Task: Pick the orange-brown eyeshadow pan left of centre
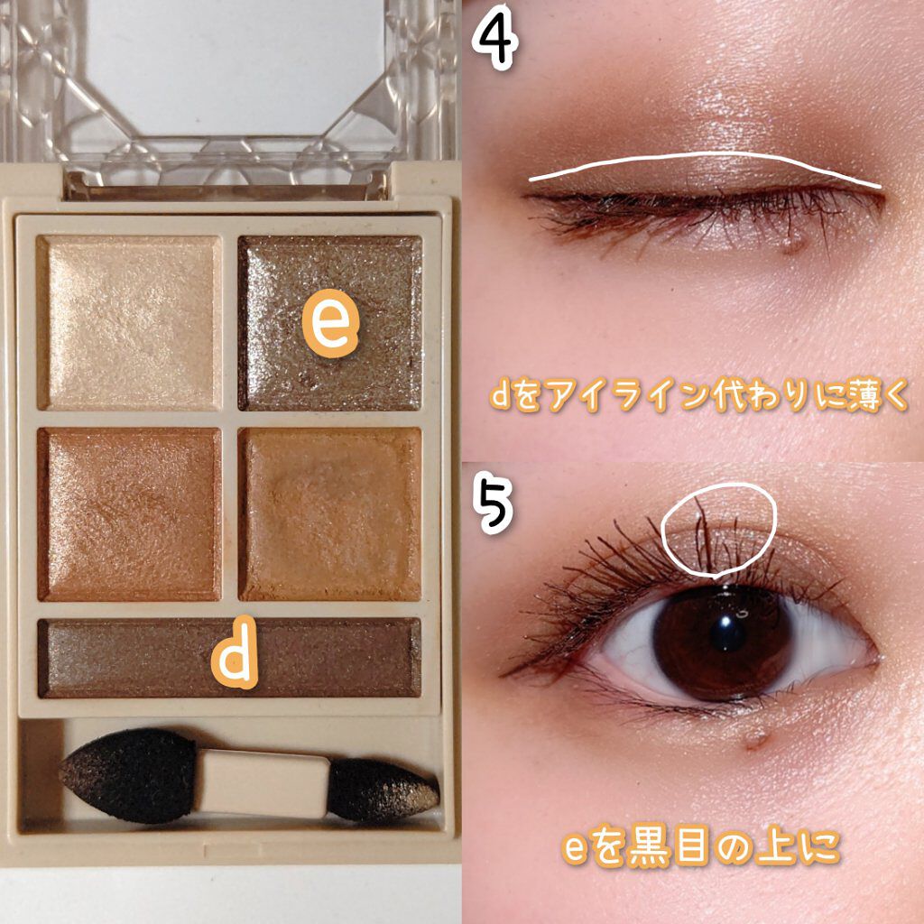[x=130, y=513]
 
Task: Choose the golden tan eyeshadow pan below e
[x=331, y=513]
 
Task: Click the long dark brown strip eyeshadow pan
[x=135, y=658]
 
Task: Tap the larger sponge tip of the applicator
[x=126, y=775]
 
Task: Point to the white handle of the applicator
[x=262, y=781]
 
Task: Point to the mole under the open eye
[x=756, y=742]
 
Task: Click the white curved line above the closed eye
[x=704, y=162]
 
